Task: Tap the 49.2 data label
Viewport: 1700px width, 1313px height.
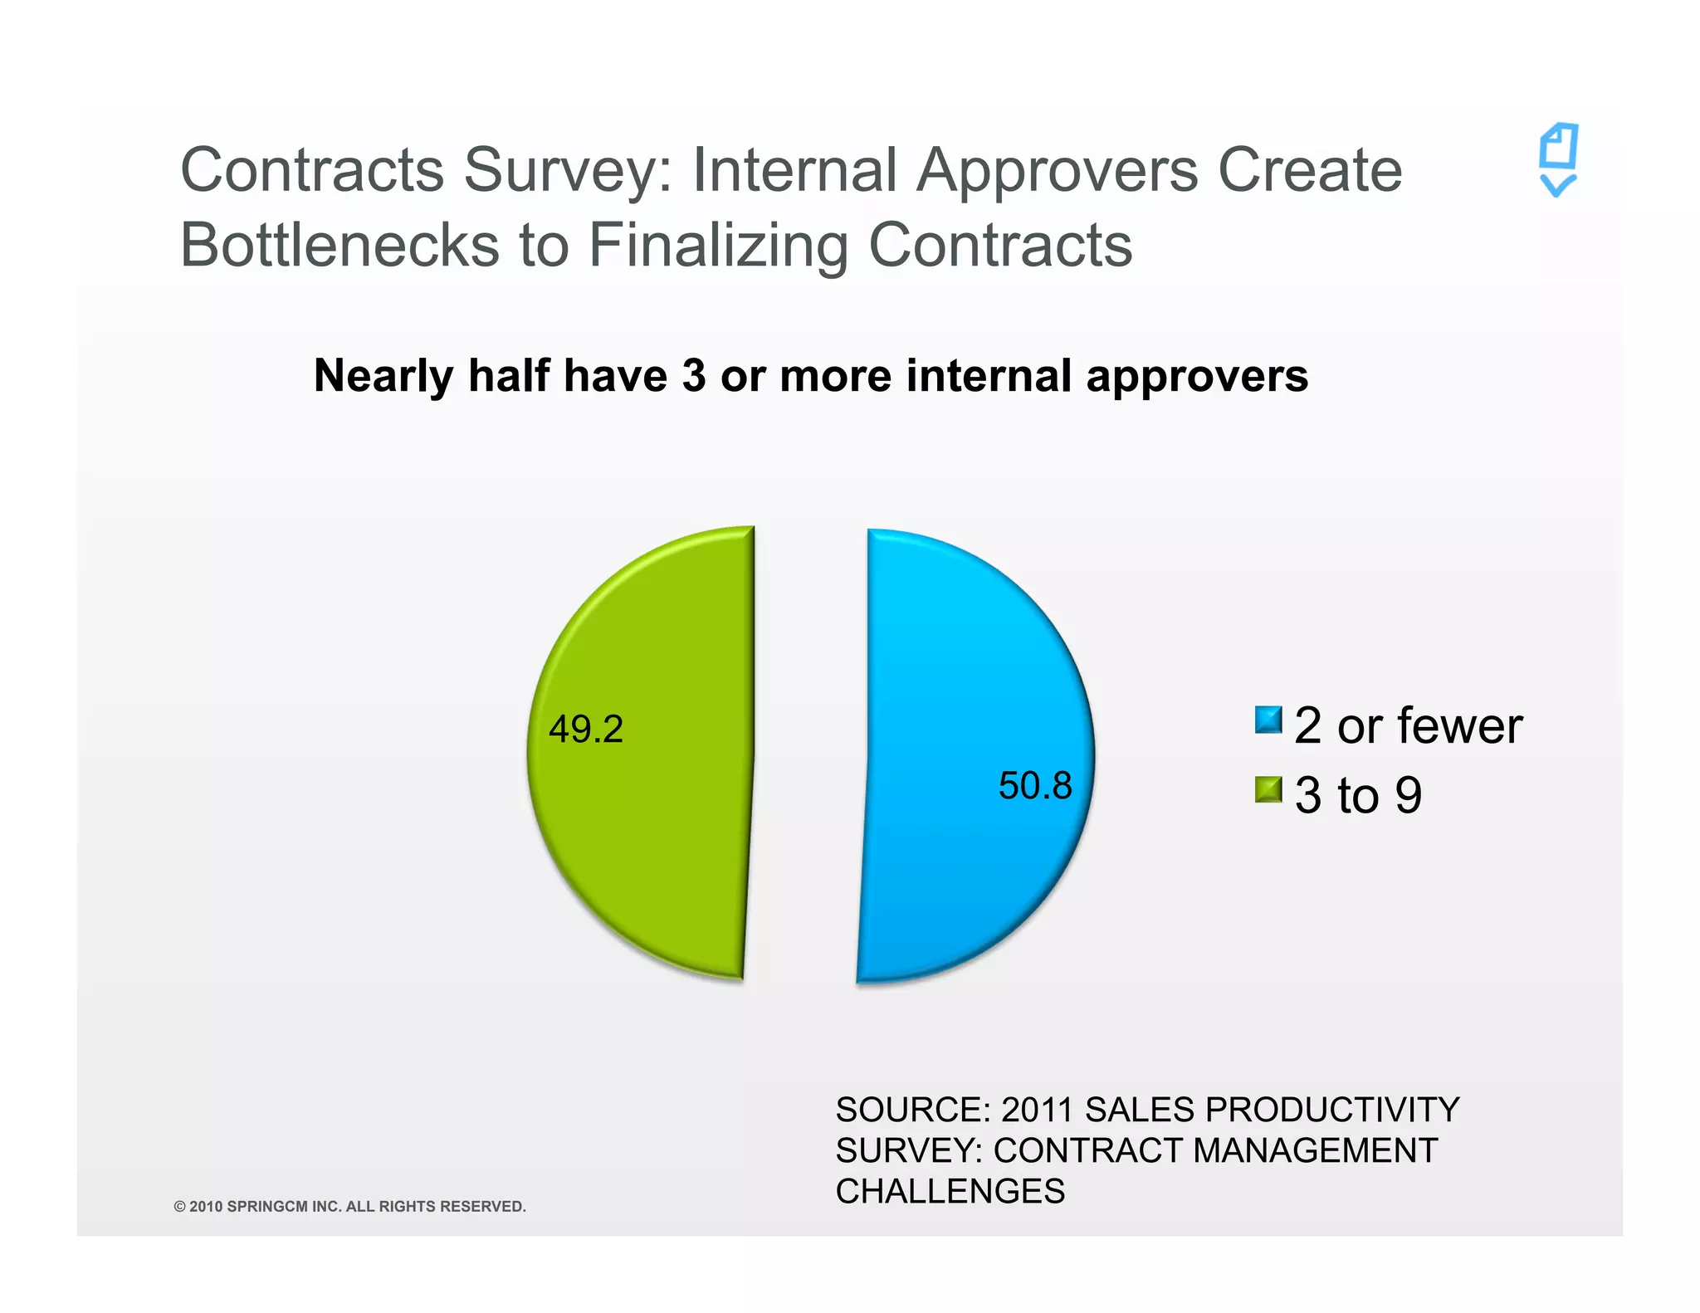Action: pos(586,730)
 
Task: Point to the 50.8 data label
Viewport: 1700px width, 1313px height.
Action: pos(1035,786)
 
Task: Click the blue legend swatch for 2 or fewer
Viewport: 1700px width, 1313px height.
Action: pos(1268,720)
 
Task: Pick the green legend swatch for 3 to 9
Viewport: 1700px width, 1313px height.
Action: pos(1268,789)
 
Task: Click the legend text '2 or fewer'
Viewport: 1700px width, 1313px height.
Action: pos(1408,725)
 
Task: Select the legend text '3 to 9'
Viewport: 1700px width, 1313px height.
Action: pos(1358,795)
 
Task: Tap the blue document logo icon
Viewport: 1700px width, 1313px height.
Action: pos(1558,160)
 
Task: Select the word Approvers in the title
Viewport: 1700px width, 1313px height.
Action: pos(1057,170)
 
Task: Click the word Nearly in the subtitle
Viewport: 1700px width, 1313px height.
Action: pos(383,376)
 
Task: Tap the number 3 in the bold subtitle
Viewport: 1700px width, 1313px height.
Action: pos(693,376)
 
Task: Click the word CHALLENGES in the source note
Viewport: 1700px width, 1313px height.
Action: pos(950,1192)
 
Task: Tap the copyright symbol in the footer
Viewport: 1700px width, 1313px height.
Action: pos(179,1207)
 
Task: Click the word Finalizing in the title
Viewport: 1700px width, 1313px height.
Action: pos(717,246)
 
